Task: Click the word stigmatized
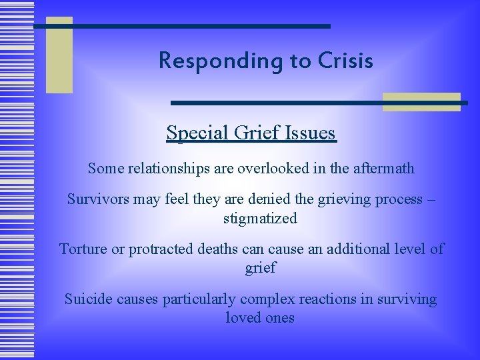tap(261, 218)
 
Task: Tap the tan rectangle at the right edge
tap(421, 101)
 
